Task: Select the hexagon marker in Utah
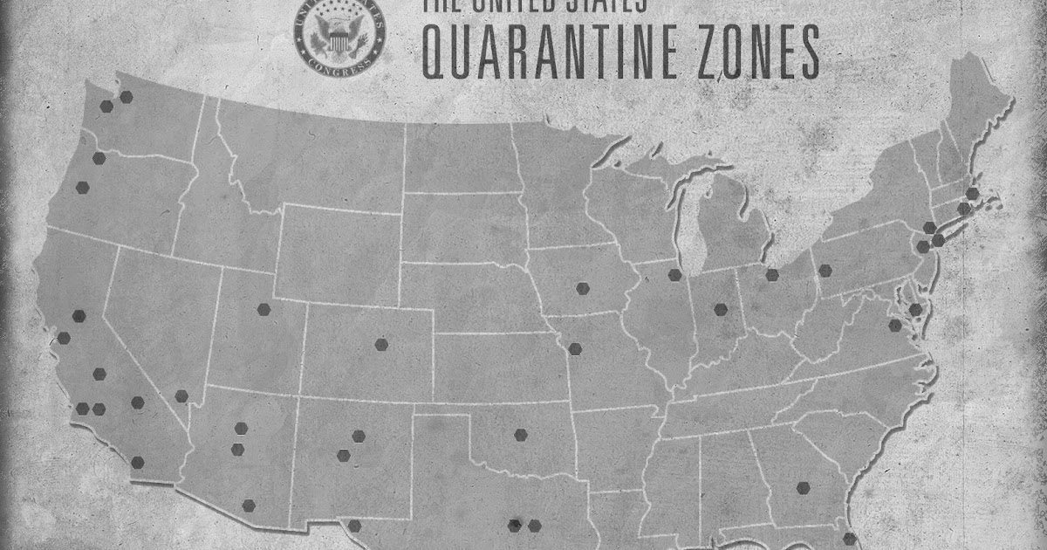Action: pos(263,308)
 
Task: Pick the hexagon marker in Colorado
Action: pos(381,344)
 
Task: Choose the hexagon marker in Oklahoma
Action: pos(521,435)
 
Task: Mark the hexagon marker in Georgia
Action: pos(803,488)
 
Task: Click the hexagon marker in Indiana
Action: pos(721,309)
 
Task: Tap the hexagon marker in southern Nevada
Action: pos(181,396)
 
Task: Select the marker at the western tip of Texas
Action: pos(354,526)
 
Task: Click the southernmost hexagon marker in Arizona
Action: pos(249,505)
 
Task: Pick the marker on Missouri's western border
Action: pos(574,349)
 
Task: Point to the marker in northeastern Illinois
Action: pos(674,275)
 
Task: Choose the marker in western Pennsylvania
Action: pos(825,271)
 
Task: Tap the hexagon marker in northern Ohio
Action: pos(772,275)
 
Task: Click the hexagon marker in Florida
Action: pos(850,538)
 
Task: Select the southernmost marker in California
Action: pos(137,463)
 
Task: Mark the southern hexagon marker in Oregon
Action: pos(83,187)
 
